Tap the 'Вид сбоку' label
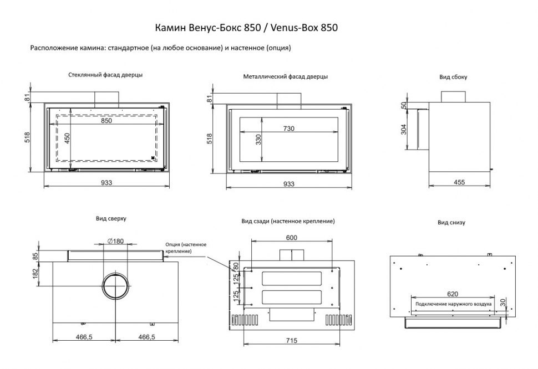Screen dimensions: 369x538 (x=453, y=77)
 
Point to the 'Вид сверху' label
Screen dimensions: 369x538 (x=111, y=219)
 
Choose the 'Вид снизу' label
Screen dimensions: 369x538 (x=451, y=223)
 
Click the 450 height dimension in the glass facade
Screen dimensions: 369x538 (x=68, y=139)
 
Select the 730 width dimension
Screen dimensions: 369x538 (x=288, y=128)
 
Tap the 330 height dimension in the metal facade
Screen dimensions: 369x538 (x=258, y=139)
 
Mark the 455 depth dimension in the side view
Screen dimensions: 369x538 (x=459, y=182)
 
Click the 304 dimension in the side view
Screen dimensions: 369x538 (x=404, y=129)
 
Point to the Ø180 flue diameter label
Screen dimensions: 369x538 (x=114, y=240)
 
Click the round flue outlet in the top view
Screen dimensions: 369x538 (x=115, y=287)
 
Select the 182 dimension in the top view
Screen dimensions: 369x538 (x=35, y=273)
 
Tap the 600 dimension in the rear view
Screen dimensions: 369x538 (x=291, y=238)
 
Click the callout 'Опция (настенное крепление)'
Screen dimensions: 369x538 (x=186, y=248)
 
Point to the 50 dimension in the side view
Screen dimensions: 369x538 (x=404, y=105)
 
